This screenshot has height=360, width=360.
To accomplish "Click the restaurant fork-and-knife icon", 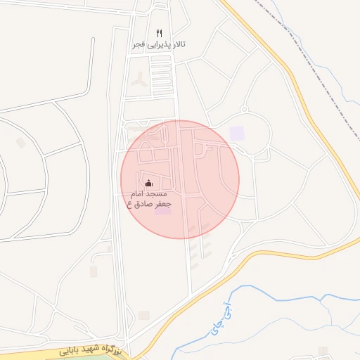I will coord(160,33).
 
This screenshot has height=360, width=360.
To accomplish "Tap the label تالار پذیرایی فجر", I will coord(160,44).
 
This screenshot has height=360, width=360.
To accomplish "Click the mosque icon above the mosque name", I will coord(148,184).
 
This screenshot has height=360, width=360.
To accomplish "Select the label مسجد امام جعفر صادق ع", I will coord(148,198).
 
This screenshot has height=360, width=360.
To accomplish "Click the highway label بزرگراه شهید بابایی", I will coord(91,349).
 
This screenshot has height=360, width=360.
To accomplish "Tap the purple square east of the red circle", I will coord(237,132).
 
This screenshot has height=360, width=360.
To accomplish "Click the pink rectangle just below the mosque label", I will coord(162,212).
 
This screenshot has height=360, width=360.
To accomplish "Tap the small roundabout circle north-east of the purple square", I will coord(244,109).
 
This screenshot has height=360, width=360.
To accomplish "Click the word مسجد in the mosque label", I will coord(158,193).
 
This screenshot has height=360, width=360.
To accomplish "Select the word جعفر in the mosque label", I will coord(160,204).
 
